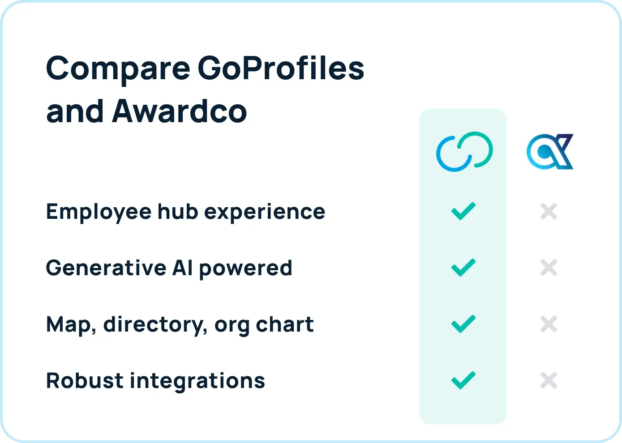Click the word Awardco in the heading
(x=179, y=111)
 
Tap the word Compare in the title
(x=118, y=69)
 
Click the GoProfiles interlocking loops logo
(x=464, y=152)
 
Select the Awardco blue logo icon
(x=549, y=152)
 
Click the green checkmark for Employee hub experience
(x=463, y=211)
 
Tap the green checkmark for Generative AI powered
(x=463, y=268)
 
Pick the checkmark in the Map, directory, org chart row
(x=463, y=324)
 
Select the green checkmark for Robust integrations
(x=463, y=380)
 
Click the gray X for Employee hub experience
(x=549, y=211)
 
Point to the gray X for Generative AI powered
(x=549, y=268)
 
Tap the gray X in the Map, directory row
(x=549, y=324)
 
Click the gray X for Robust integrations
(x=549, y=380)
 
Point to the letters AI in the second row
(x=182, y=268)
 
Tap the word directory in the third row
(x=155, y=325)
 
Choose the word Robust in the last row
(x=84, y=380)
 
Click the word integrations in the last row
(x=197, y=381)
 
